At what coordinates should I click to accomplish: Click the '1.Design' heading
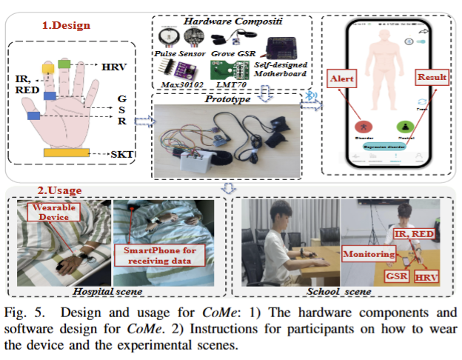coord(67,25)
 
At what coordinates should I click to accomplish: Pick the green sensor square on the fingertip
coord(64,66)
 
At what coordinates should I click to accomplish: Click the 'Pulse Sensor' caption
coord(178,55)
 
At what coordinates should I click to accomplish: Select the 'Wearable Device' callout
coord(53,213)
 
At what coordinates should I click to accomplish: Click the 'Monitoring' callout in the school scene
coord(369,254)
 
